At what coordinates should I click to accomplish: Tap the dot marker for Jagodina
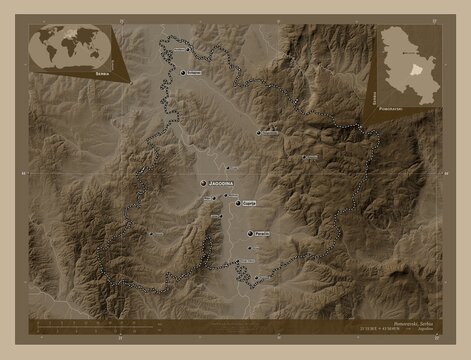click(205, 184)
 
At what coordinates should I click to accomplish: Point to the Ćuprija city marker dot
click(238, 203)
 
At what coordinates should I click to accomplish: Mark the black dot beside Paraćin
click(250, 233)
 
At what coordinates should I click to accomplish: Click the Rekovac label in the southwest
click(157, 234)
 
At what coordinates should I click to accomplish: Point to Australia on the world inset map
click(97, 55)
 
